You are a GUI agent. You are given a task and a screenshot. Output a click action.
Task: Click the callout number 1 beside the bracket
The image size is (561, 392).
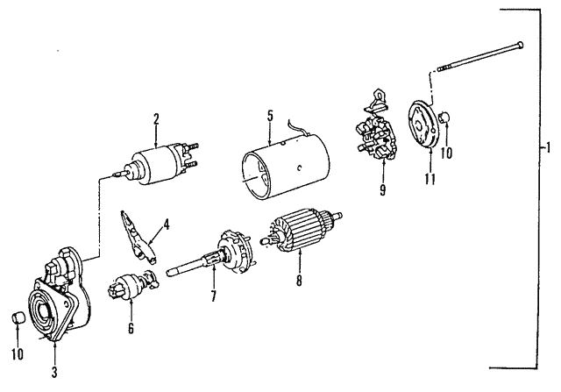(x=549, y=147)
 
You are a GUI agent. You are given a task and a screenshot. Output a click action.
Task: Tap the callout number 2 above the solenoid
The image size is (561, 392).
(x=155, y=118)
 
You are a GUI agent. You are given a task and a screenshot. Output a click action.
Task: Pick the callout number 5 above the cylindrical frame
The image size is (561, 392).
(x=271, y=114)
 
